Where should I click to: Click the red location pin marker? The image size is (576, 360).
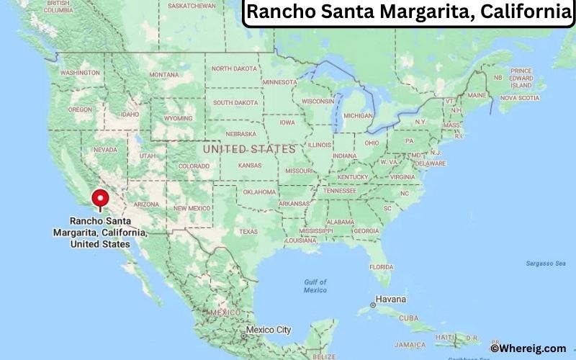pyautogui.click(x=100, y=198)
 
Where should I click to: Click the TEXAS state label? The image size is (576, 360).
pyautogui.click(x=248, y=231)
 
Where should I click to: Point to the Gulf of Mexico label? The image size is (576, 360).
pyautogui.click(x=315, y=286)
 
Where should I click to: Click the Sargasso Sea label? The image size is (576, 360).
pyautogui.click(x=545, y=264)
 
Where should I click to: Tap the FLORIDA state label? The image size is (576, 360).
pyautogui.click(x=382, y=266)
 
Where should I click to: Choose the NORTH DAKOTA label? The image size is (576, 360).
pyautogui.click(x=234, y=68)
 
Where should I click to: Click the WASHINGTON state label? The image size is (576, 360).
pyautogui.click(x=80, y=73)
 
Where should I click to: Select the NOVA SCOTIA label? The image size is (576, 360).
pyautogui.click(x=519, y=97)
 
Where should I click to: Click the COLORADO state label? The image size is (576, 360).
pyautogui.click(x=194, y=166)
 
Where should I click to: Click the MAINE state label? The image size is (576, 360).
pyautogui.click(x=477, y=95)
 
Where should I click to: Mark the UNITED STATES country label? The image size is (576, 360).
pyautogui.click(x=249, y=149)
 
